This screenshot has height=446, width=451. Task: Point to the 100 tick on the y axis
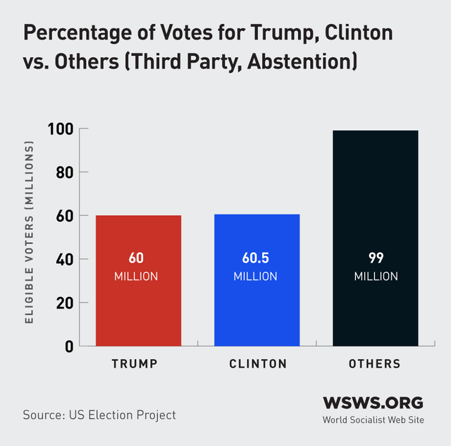click(62, 129)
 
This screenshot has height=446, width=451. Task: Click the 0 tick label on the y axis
click(69, 346)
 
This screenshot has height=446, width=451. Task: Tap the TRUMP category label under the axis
click(134, 364)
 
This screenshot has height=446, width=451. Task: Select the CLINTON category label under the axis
click(258, 364)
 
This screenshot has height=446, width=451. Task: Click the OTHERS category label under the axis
click(375, 364)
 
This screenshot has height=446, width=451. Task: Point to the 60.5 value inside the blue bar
click(257, 258)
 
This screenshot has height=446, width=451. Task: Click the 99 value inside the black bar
click(376, 258)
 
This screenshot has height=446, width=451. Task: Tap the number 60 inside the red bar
click(136, 258)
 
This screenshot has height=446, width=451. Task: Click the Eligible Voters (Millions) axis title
click(30, 233)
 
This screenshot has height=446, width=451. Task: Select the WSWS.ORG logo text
click(373, 403)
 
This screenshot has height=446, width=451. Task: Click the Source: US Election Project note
click(99, 415)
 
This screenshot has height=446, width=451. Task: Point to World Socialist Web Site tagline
click(373, 420)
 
